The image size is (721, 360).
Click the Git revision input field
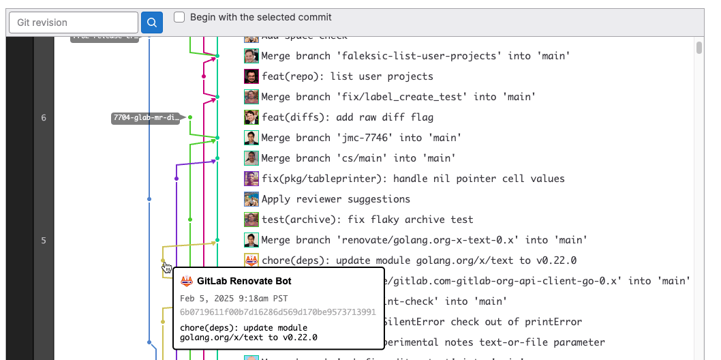(x=73, y=22)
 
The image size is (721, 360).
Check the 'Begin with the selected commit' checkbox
(x=179, y=17)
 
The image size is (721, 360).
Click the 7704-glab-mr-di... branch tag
(x=146, y=118)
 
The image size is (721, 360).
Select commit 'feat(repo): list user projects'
(x=347, y=76)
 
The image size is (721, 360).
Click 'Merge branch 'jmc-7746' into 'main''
(x=361, y=138)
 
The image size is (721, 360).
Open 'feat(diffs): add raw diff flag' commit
(x=347, y=117)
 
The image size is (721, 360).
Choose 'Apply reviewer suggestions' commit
(x=335, y=199)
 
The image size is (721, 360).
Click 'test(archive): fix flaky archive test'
(x=367, y=220)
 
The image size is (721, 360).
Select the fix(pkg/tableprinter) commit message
(x=413, y=179)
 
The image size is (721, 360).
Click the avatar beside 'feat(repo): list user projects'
(x=251, y=76)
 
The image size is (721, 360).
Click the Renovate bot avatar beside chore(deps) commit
(x=251, y=260)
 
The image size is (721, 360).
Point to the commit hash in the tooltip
(x=278, y=312)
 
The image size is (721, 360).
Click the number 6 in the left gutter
(x=44, y=118)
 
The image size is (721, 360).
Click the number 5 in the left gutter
(x=44, y=241)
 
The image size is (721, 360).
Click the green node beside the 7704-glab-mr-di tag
(x=190, y=118)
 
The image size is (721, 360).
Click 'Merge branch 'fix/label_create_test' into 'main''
(x=398, y=97)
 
